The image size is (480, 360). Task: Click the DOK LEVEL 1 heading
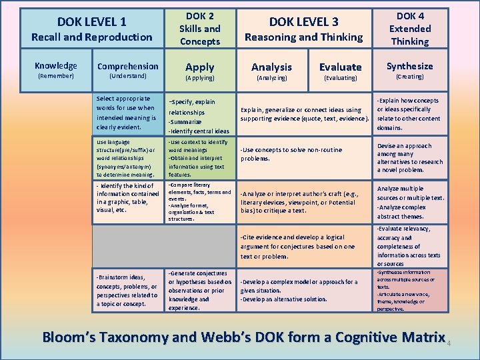pyautogui.click(x=92, y=22)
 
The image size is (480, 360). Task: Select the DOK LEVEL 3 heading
pyautogui.click(x=303, y=22)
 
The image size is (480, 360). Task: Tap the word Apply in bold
pyautogui.click(x=200, y=67)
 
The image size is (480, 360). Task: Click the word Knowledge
pyautogui.click(x=56, y=65)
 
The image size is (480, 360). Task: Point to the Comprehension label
pyautogui.click(x=128, y=66)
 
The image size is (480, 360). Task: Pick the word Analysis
pyautogui.click(x=271, y=67)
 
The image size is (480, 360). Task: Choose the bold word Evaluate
pyautogui.click(x=340, y=67)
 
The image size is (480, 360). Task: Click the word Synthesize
pyautogui.click(x=410, y=66)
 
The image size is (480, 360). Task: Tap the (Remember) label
pyautogui.click(x=56, y=77)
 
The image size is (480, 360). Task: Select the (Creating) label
pyautogui.click(x=410, y=77)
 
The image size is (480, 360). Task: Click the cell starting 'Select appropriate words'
pyautogui.click(x=128, y=112)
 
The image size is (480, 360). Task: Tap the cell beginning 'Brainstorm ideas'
pyautogui.click(x=128, y=290)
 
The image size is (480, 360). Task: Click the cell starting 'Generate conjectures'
pyautogui.click(x=200, y=290)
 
